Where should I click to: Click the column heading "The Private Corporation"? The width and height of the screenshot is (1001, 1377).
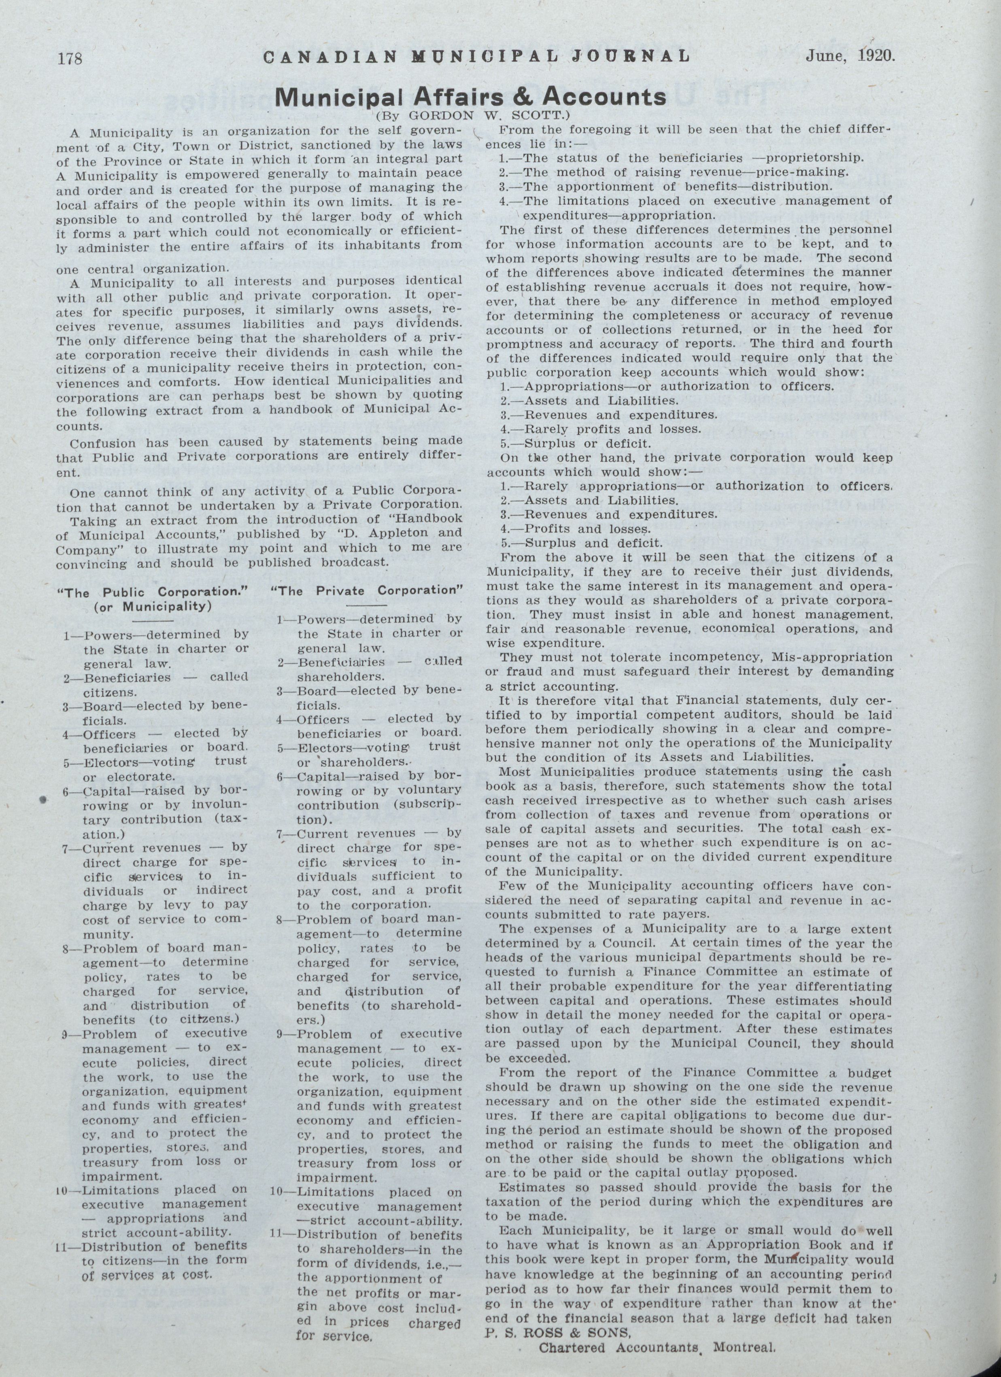point(369,590)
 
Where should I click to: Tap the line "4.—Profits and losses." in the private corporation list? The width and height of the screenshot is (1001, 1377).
point(575,529)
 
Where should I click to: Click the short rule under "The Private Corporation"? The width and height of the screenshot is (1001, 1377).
point(366,605)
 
